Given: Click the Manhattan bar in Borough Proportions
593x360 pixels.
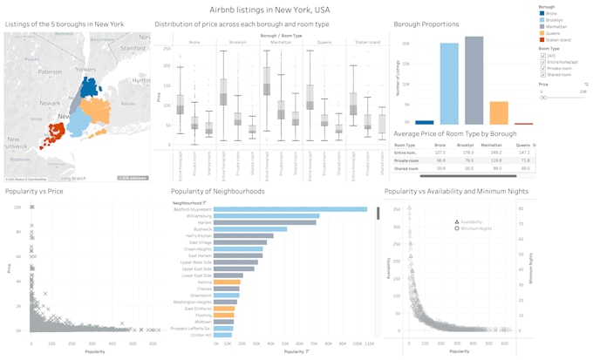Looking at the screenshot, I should [x=474, y=83].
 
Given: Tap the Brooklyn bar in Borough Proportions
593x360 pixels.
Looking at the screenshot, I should [x=449, y=85].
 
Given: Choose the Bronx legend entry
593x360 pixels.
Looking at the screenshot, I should [x=552, y=12].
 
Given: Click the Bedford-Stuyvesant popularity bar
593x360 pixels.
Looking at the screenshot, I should [x=290, y=209].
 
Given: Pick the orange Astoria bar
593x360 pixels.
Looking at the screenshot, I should [x=226, y=282].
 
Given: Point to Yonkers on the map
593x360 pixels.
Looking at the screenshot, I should [x=86, y=68].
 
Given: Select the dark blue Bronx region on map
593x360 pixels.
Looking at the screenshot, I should [x=89, y=86].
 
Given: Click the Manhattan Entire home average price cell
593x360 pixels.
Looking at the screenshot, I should [x=497, y=152].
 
